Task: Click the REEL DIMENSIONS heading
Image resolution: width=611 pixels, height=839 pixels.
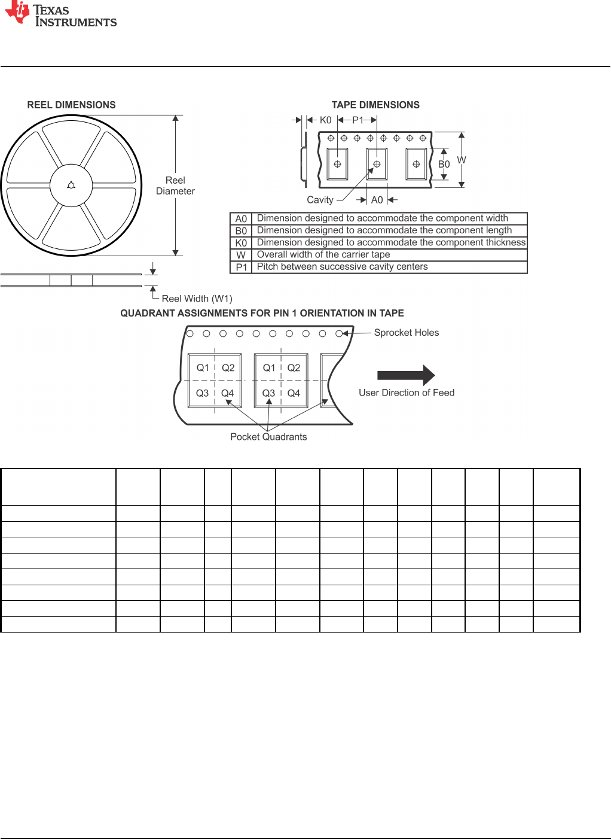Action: pyautogui.click(x=71, y=105)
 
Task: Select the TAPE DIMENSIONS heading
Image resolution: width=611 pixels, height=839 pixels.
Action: pyautogui.click(x=375, y=105)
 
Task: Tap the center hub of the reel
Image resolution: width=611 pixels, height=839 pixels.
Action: pyautogui.click(x=71, y=186)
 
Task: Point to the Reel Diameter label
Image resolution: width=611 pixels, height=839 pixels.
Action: pyautogui.click(x=175, y=186)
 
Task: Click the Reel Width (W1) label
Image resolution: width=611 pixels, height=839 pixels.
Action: pyautogui.click(x=197, y=299)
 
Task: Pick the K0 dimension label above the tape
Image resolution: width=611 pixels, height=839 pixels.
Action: pyautogui.click(x=325, y=120)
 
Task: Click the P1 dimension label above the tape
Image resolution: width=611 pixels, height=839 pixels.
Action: pyautogui.click(x=358, y=120)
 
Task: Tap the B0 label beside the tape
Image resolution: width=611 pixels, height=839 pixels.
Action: pyautogui.click(x=444, y=165)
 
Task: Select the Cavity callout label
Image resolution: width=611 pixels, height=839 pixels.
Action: pyautogui.click(x=320, y=200)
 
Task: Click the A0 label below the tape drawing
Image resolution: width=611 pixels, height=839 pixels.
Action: pyautogui.click(x=377, y=200)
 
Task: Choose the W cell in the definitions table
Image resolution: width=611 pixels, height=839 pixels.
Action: pyautogui.click(x=241, y=255)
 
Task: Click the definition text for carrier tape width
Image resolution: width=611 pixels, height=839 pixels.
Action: pyautogui.click(x=323, y=254)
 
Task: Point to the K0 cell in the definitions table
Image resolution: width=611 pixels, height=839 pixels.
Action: pyautogui.click(x=241, y=243)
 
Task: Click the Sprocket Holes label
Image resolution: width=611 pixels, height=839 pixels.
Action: pyautogui.click(x=406, y=333)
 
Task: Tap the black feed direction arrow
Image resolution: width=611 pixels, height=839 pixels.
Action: pyautogui.click(x=406, y=375)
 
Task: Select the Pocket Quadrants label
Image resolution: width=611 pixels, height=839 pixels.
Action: pyautogui.click(x=268, y=437)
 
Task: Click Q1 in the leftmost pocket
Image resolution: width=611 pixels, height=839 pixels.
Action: pyautogui.click(x=203, y=368)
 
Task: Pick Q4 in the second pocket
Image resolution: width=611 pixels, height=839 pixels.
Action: pyautogui.click(x=294, y=393)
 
